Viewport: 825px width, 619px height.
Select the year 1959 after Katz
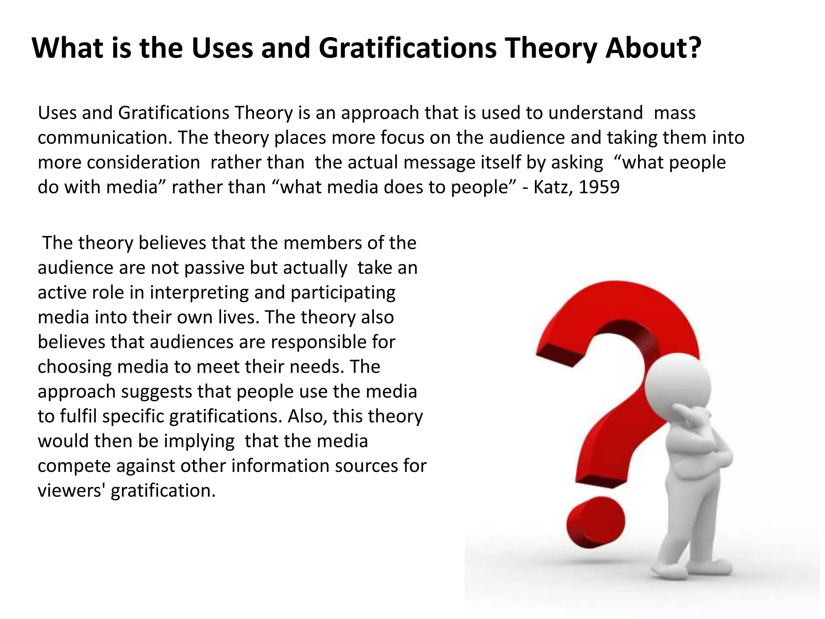click(599, 187)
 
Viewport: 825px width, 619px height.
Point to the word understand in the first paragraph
click(595, 113)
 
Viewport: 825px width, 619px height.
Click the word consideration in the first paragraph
click(143, 163)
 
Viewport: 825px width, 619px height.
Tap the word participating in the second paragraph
click(343, 293)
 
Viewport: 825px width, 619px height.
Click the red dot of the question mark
click(595, 522)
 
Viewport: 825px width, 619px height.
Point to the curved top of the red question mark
click(616, 298)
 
